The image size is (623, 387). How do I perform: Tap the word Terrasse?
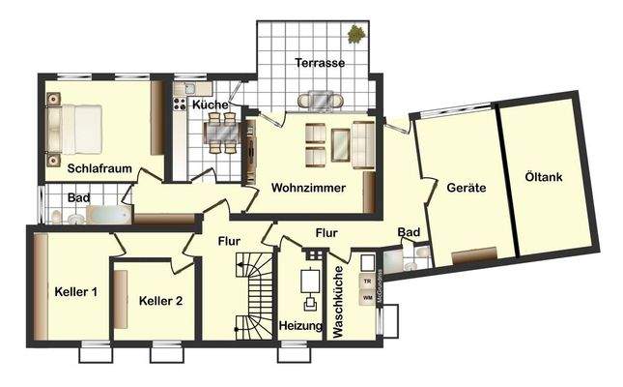pos(320,62)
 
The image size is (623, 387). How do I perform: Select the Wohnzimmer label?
pos(308,187)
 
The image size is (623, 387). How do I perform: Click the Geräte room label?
pos(466,187)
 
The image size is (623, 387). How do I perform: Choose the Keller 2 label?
pos(160,301)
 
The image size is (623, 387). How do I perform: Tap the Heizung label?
pos(301,326)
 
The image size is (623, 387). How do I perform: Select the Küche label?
pos(210,104)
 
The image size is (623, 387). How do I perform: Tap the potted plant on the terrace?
pos(357,35)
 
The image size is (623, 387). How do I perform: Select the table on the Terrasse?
pos(321,99)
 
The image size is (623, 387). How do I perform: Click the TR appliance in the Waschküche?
pos(367,281)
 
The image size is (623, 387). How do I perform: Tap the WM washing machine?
pos(367,298)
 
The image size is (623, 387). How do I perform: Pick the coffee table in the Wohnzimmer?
pos(341,145)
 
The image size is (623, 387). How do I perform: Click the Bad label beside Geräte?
pos(409,232)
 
